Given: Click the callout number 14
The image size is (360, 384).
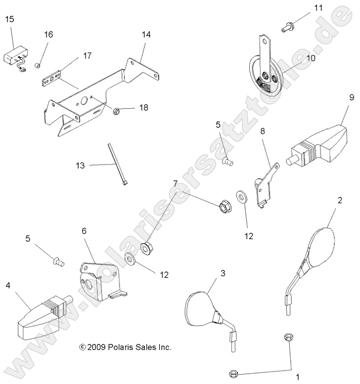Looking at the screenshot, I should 145,35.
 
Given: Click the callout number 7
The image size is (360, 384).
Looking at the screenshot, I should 175,184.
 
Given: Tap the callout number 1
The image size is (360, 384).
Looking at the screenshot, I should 297,377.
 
